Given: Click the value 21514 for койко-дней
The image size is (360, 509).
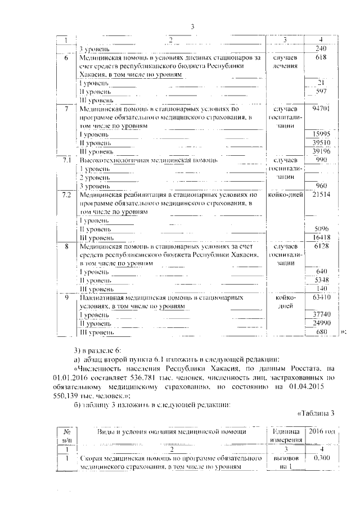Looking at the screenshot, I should (321, 195).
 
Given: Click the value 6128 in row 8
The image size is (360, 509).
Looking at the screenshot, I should (321, 246).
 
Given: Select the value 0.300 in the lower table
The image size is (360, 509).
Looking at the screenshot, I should (321, 458).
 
